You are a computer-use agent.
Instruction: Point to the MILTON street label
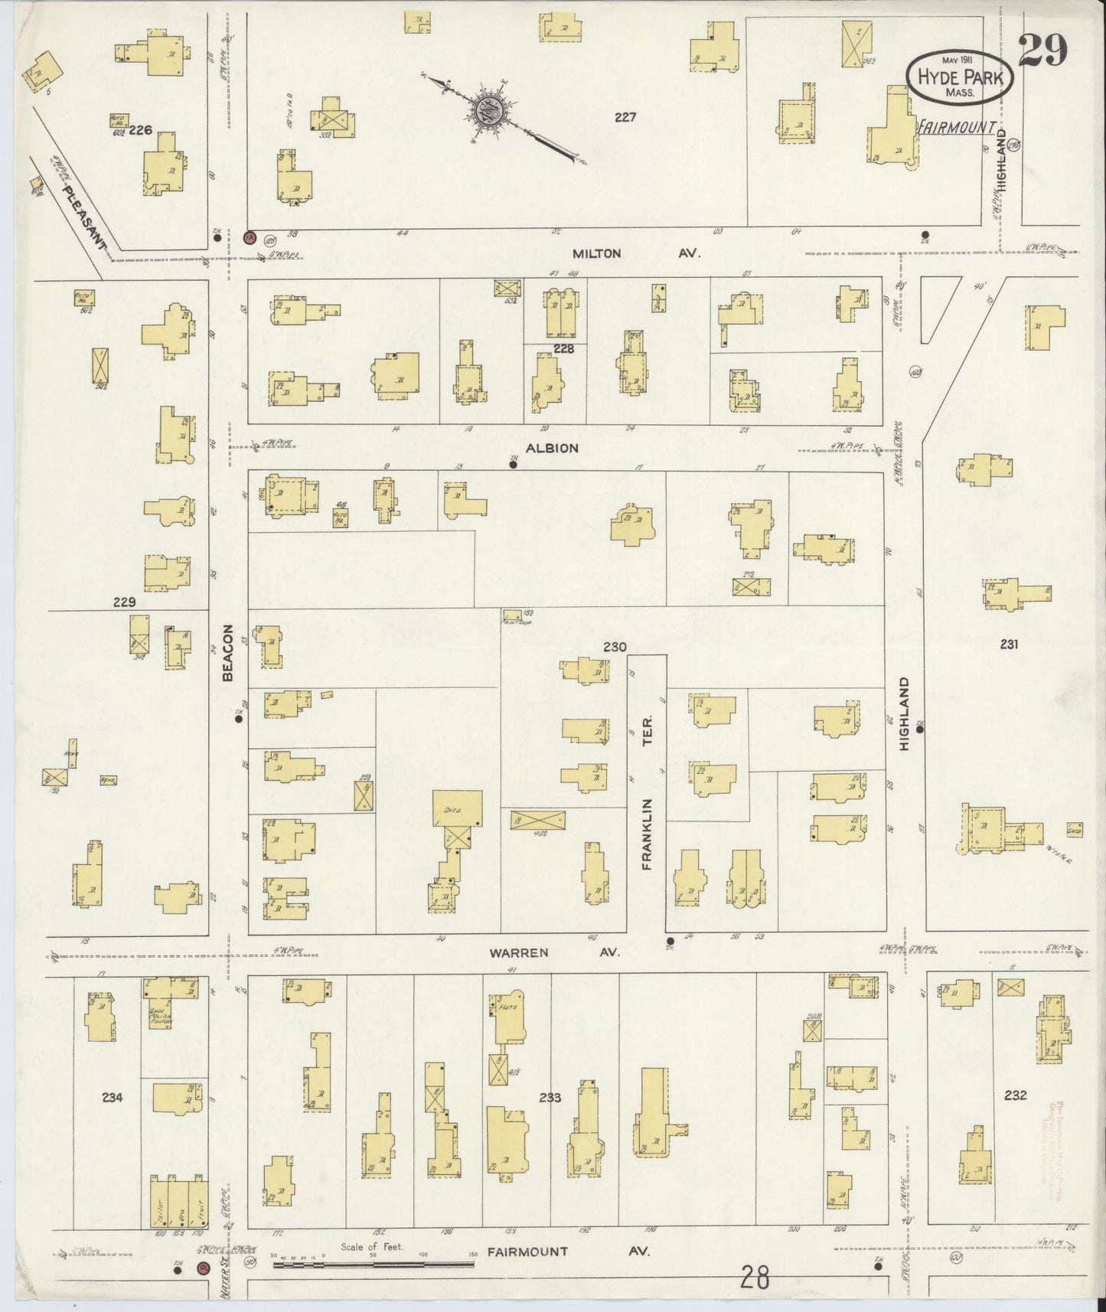[x=597, y=253]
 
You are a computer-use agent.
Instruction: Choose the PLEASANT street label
[x=84, y=219]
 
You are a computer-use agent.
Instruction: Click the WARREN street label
[x=520, y=953]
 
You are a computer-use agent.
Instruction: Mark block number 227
[x=625, y=117]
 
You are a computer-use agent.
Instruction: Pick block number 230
[x=614, y=647]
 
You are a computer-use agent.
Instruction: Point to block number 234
[x=112, y=1097]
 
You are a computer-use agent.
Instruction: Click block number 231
[x=1009, y=645]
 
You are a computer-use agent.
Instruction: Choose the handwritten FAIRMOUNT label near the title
[x=957, y=127]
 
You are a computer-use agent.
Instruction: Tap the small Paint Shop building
[x=511, y=615]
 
